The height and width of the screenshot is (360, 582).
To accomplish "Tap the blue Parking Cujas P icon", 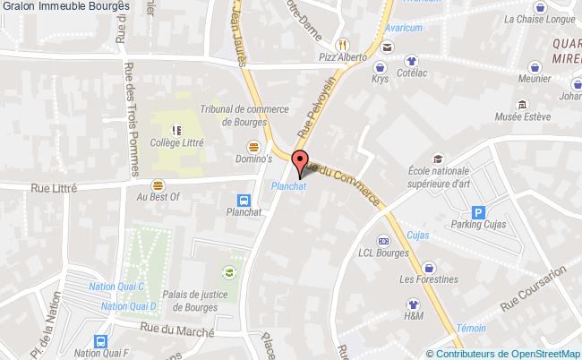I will [x=479, y=213].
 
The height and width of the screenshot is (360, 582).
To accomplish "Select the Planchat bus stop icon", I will [x=244, y=201].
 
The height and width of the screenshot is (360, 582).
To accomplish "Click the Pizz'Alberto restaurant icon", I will [x=341, y=44].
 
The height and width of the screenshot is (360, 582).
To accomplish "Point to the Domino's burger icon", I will [x=254, y=146].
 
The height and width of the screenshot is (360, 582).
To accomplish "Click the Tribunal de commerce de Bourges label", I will [x=244, y=115].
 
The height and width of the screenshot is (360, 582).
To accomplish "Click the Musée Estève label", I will [x=523, y=115].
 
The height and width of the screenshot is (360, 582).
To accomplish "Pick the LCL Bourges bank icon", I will [x=383, y=241].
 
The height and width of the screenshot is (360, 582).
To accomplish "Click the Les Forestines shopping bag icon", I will [x=429, y=266].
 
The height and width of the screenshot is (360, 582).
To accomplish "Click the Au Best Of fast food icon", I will [x=158, y=184].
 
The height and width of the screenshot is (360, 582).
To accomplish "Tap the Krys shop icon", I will [x=380, y=67].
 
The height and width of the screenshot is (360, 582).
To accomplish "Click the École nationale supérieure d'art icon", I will [x=438, y=159].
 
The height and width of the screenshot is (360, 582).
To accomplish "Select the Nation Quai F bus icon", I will [x=98, y=340].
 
